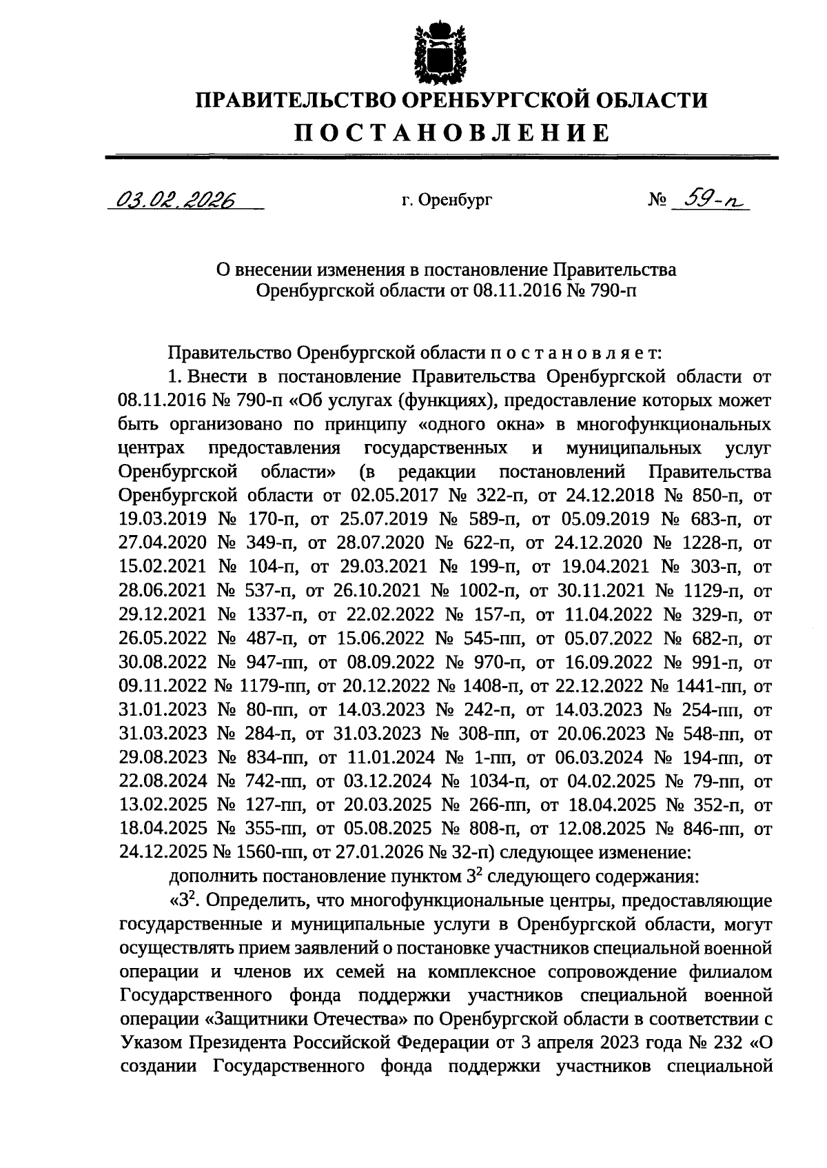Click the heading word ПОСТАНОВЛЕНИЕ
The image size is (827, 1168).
click(453, 132)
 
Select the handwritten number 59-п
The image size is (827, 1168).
click(710, 199)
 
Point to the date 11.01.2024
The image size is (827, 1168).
click(385, 758)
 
